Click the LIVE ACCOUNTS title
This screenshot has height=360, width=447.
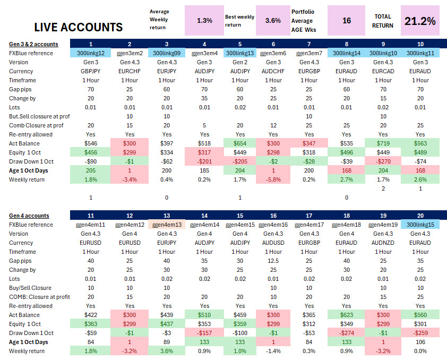coord(78,27)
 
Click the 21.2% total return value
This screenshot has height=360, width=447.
coord(420,21)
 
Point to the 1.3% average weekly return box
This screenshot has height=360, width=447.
coord(204,21)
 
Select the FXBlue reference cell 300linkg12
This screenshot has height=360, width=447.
coord(91,53)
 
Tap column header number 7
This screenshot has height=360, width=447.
coord(309,44)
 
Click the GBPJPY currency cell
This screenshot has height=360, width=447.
coord(91,71)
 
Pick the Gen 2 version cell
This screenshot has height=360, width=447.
coord(240,62)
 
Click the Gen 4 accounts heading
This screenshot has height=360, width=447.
coord(29,216)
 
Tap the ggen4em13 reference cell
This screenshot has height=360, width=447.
coord(167,225)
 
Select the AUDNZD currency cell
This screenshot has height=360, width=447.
coord(383,243)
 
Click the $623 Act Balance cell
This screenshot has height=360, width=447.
coord(347,315)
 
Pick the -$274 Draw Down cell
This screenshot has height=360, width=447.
coord(347,333)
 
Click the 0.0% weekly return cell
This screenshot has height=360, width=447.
coord(420,351)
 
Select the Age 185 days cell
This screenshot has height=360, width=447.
coord(203,170)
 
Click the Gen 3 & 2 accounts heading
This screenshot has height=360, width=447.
coord(34,44)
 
